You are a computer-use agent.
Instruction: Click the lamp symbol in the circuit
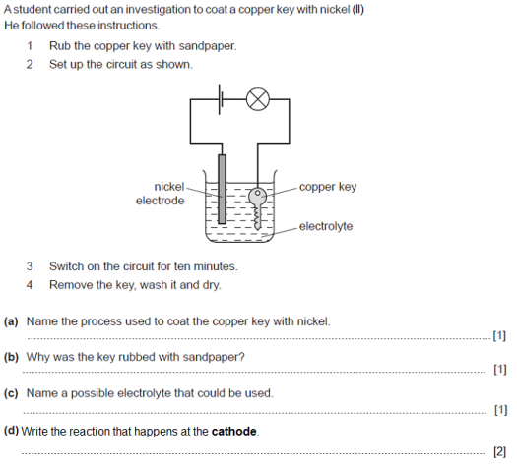tap(257, 98)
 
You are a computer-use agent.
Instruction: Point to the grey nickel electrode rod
tap(223, 192)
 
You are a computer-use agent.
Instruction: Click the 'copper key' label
tap(328, 187)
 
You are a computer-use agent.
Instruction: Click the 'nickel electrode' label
tap(161, 194)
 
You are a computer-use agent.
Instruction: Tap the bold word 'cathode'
tap(234, 431)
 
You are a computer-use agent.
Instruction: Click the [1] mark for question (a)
tap(499, 336)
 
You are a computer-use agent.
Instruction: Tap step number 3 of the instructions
tap(30, 266)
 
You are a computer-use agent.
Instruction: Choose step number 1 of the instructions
tap(30, 46)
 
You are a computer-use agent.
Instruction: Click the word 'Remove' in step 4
tap(71, 285)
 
